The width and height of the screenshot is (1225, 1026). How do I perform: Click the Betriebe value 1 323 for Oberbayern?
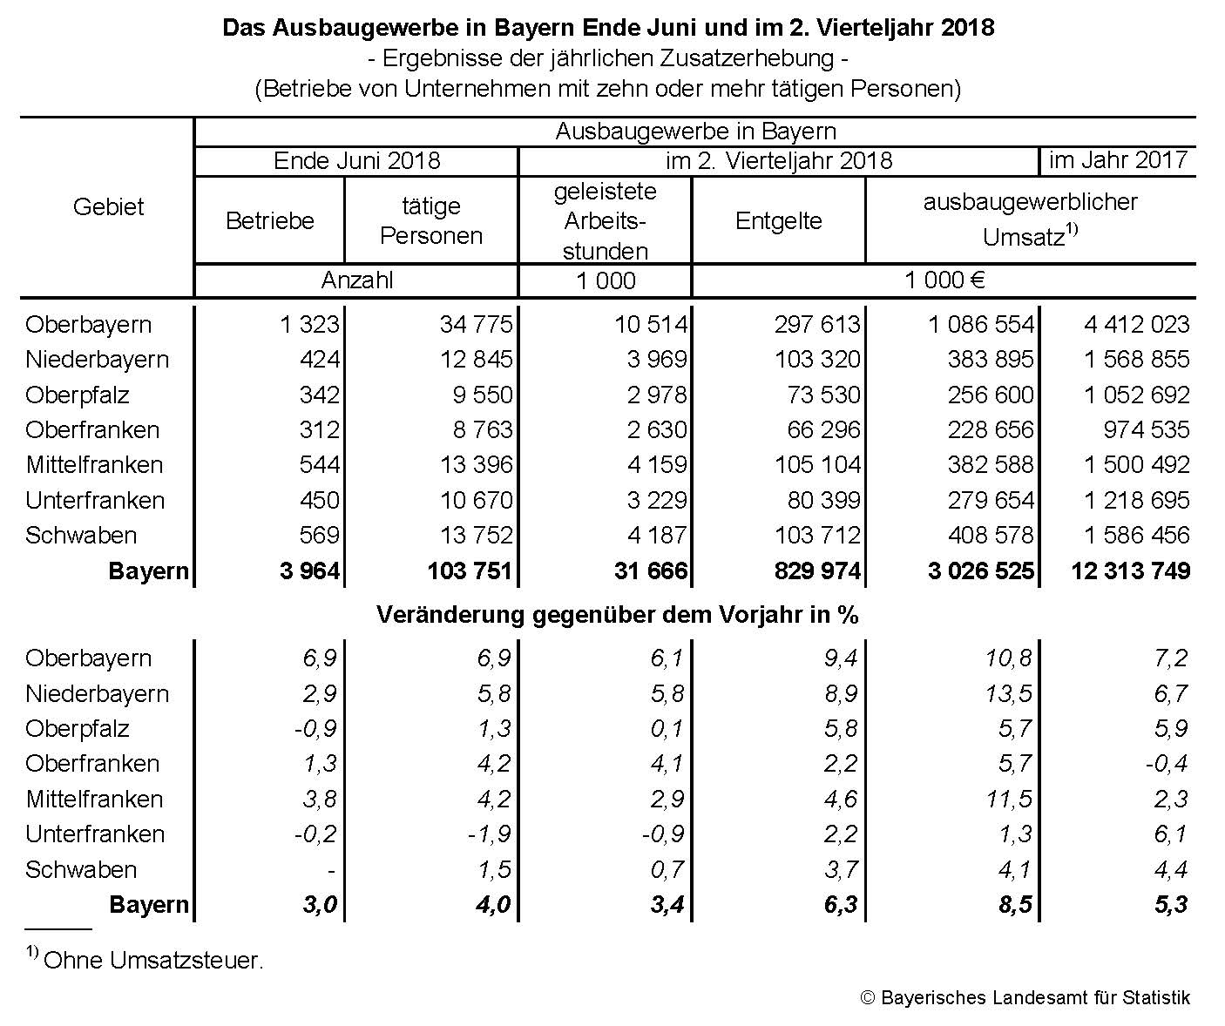tap(310, 325)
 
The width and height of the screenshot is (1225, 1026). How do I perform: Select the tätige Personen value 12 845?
tap(477, 360)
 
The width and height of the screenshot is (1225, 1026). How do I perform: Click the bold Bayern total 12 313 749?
tap(1130, 571)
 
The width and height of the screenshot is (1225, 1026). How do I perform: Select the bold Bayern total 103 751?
tap(470, 571)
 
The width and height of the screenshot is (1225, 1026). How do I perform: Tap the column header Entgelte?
tap(778, 221)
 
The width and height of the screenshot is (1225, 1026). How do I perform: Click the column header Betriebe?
tap(269, 221)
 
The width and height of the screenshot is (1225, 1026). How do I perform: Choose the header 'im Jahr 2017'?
tap(1118, 160)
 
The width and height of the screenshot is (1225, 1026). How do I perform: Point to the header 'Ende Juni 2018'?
tap(356, 161)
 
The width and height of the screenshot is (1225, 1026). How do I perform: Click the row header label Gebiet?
tap(108, 207)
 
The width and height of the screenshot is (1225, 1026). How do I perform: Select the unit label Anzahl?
tap(356, 280)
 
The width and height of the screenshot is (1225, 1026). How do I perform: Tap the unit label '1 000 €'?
tap(944, 280)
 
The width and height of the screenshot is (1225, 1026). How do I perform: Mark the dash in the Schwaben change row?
tap(331, 870)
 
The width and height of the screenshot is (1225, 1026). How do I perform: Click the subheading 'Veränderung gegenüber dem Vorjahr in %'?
tap(617, 615)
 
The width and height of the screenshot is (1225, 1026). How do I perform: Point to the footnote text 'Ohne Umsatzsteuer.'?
tap(152, 961)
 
